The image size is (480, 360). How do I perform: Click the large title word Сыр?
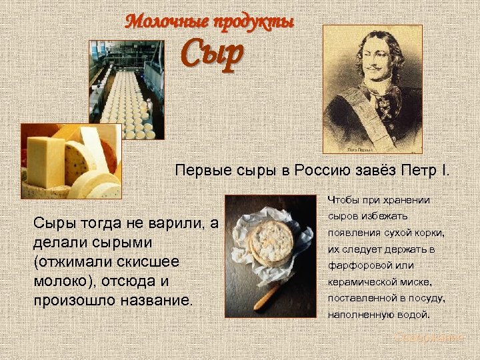212,55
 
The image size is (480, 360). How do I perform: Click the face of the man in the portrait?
375,65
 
